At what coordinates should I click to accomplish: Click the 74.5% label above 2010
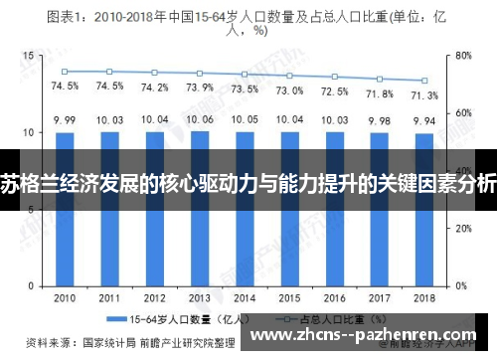coord(65,87)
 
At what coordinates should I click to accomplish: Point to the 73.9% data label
coord(200,88)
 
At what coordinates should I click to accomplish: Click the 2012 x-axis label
coord(155,298)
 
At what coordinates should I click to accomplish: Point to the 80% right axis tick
coord(463,56)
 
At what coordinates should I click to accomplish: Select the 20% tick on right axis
coord(463,229)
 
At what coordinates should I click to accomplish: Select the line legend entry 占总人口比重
coord(318,320)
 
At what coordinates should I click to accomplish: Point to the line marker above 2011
coord(109,72)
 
